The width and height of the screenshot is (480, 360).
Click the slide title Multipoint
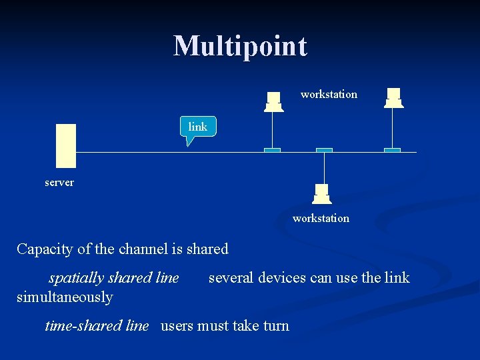tap(240, 47)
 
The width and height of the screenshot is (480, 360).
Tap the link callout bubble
tap(198, 127)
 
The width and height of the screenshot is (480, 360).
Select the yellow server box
tap(66, 145)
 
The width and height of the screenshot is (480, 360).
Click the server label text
tap(59, 182)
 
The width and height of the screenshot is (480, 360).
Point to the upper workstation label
tap(329, 95)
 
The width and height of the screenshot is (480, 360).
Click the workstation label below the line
tap(321, 218)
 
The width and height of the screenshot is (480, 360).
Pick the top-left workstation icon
tap(273, 101)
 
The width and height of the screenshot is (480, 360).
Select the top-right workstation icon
tap(394, 97)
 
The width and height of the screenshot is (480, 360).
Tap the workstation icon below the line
tap(322, 193)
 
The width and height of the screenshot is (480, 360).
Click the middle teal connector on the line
tap(324, 150)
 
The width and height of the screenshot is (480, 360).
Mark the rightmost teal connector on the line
tap(393, 150)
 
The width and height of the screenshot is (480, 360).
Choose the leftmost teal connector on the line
tap(272, 150)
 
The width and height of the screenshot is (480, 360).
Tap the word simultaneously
tap(65, 297)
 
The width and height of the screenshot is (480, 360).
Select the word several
tap(231, 277)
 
